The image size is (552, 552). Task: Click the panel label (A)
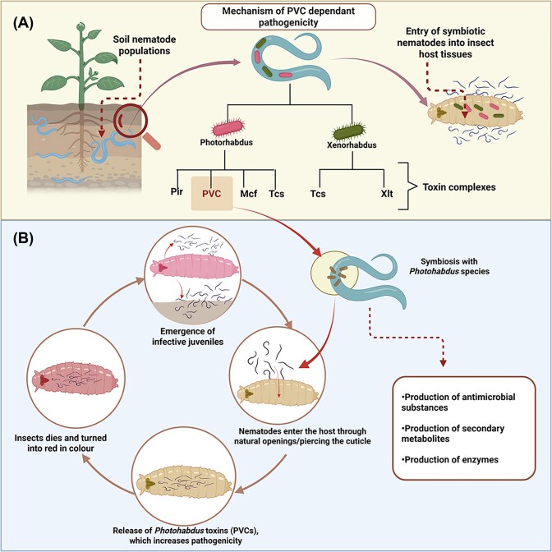[23, 23]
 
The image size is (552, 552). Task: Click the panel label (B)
[23, 239]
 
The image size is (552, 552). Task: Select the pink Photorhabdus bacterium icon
[228, 127]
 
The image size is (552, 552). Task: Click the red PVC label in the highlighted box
[212, 194]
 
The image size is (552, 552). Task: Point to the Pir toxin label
[177, 192]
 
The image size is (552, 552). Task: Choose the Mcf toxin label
[249, 194]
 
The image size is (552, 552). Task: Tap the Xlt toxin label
[387, 194]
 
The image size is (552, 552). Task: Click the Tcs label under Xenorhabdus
[318, 194]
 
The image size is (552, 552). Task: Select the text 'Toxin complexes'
[459, 187]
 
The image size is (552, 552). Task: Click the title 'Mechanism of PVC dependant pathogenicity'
[288, 16]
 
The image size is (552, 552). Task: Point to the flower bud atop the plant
[81, 25]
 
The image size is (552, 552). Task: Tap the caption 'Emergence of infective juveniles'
[187, 336]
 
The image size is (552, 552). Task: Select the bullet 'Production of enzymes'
[449, 460]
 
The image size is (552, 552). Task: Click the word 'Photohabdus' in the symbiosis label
[430, 271]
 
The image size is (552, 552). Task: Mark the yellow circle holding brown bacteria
[334, 274]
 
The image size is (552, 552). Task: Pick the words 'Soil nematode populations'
[145, 45]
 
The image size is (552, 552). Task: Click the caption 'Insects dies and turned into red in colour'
[61, 444]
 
